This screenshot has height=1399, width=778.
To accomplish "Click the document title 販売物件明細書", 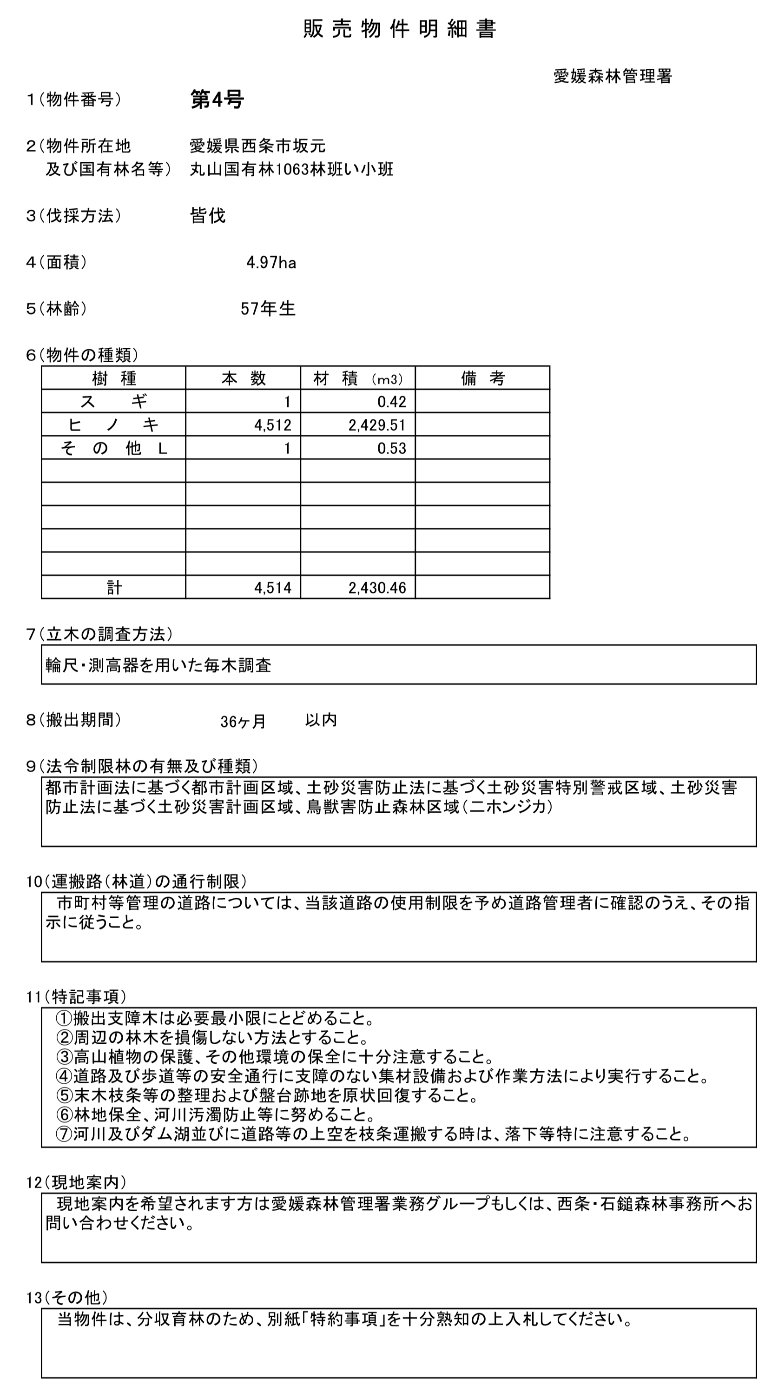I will (399, 29).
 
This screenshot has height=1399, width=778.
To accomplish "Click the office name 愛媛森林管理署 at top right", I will (613, 76).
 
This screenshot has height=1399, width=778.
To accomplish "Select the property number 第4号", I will (217, 99).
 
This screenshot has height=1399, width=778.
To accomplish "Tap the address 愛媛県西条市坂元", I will (257, 146).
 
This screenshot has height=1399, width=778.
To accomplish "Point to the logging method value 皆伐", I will (207, 216).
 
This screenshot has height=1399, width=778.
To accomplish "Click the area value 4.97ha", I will (271, 263).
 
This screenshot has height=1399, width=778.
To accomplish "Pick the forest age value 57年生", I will (268, 309).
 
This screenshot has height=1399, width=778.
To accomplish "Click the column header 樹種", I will (113, 378).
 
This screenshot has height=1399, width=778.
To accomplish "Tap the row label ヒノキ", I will (113, 424).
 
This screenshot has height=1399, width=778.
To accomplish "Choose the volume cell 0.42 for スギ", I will (391, 402).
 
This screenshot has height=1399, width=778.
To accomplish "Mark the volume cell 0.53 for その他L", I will (391, 448).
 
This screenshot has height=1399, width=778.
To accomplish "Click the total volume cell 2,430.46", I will (377, 588).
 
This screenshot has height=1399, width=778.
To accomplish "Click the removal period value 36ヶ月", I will (243, 721).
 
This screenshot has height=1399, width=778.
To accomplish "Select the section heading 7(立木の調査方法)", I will (100, 634).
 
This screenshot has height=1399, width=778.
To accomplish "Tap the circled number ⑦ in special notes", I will (64, 1134).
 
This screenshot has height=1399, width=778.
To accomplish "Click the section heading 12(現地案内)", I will (77, 1182).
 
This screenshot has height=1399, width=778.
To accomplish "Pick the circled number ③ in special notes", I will (64, 1057).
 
